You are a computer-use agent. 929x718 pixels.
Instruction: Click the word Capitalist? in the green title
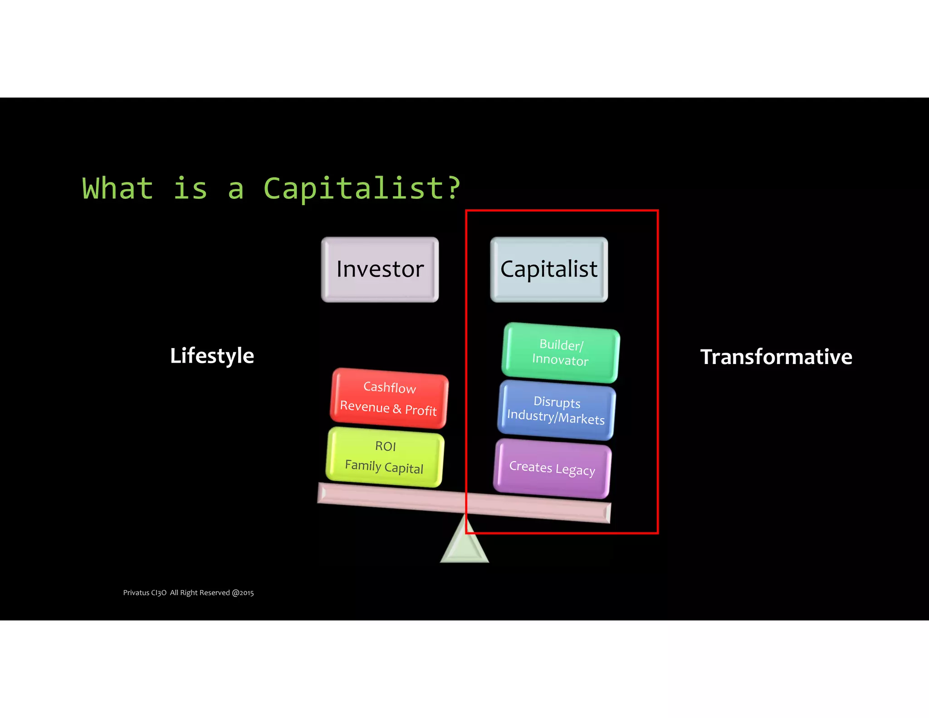[362, 188]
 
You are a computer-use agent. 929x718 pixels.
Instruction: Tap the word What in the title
[118, 188]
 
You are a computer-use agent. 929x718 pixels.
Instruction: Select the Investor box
[380, 269]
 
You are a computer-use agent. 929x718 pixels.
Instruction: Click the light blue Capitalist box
[549, 269]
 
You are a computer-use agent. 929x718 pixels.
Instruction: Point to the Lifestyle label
[212, 355]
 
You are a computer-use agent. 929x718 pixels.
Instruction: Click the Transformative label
[776, 357]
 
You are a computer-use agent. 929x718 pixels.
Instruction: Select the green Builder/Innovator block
[560, 353]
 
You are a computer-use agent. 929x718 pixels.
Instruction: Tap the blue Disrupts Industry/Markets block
[556, 410]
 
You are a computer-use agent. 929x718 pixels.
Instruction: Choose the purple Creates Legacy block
[552, 468]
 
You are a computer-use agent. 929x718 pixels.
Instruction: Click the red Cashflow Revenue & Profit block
[389, 398]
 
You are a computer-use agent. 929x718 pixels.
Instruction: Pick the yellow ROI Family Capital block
[385, 457]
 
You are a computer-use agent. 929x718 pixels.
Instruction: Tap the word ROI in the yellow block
[386, 446]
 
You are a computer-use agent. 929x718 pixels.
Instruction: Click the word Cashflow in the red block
[390, 387]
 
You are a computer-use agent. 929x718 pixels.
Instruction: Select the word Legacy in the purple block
[575, 470]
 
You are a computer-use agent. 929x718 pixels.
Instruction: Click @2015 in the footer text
[243, 593]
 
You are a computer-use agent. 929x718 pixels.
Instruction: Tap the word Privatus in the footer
[136, 593]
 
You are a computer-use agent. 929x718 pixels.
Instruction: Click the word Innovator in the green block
[560, 360]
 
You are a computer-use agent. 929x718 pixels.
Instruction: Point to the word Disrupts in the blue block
[557, 402]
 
